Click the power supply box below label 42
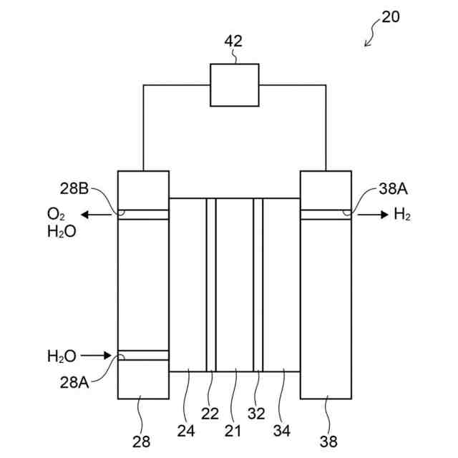coord(234,84)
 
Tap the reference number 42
coord(234,42)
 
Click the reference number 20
coord(391,17)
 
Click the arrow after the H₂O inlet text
coord(97,355)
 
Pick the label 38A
coord(392,190)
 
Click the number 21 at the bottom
coord(233,432)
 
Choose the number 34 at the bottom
coord(282,432)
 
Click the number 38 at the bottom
coord(327,441)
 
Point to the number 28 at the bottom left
coord(142,441)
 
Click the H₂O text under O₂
coord(62,232)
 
